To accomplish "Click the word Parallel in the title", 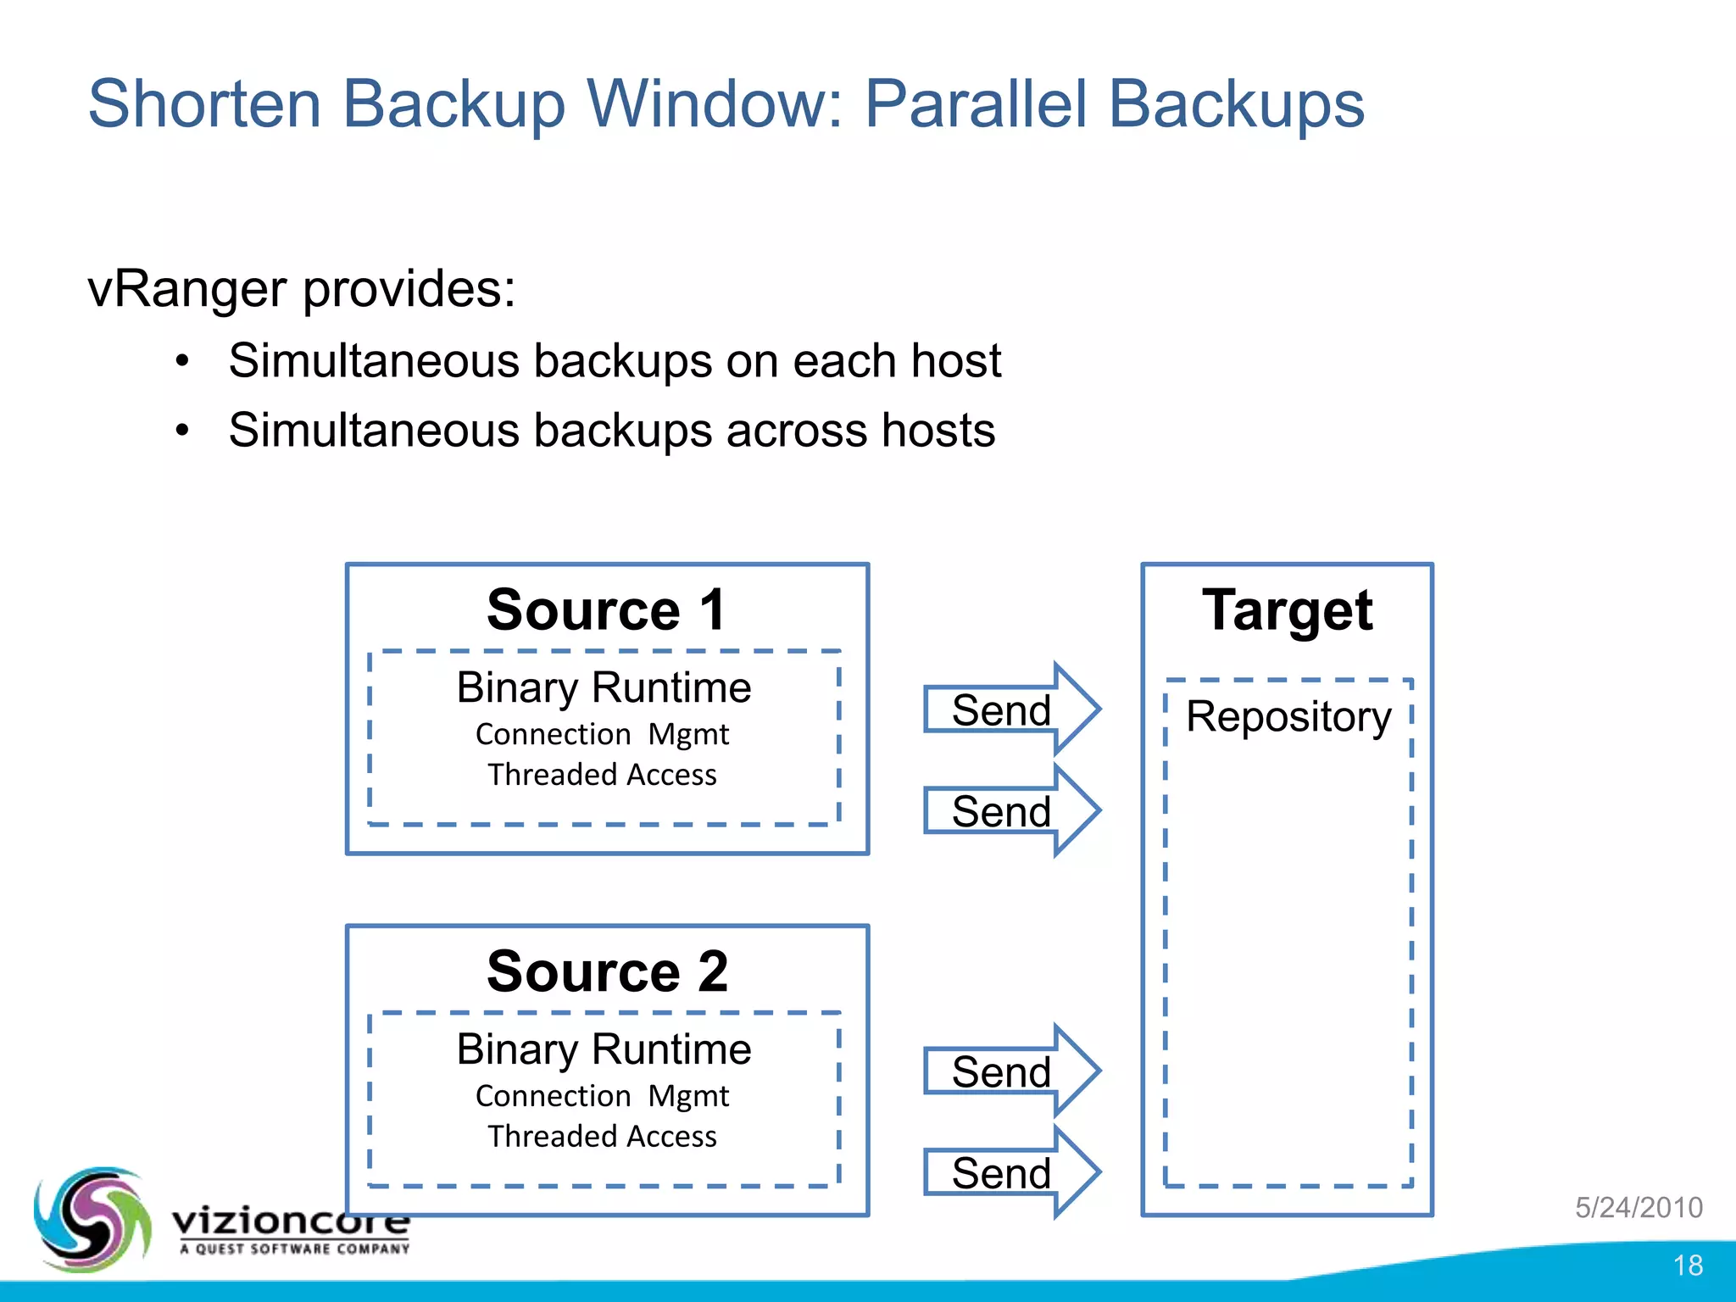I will pos(975,104).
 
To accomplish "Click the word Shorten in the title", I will pos(204,104).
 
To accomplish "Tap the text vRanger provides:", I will pos(302,289).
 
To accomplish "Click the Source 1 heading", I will pos(607,609).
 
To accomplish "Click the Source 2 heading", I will pos(607,971).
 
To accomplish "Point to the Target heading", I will pos(1287,610).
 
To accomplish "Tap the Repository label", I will pos(1288,717).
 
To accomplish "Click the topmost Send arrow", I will pos(1009,709).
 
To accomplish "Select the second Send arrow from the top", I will pos(1009,811).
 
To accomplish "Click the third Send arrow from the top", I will pos(1009,1071).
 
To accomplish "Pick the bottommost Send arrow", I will pos(1009,1173).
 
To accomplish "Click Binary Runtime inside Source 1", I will pos(604,687).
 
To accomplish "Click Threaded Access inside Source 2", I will pos(602,1137).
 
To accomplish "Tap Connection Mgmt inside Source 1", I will pos(602,734).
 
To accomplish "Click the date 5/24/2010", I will pos(1639,1207).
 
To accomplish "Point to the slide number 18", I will pos(1688,1266).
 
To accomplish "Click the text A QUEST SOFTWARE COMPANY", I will pos(294,1249).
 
